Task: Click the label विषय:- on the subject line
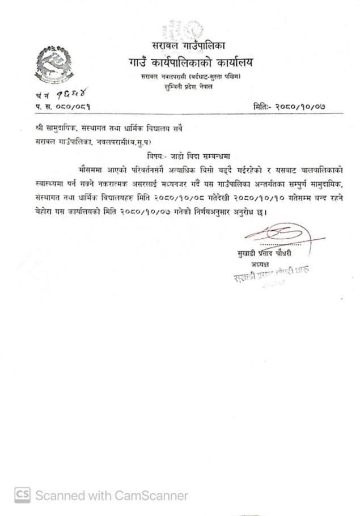coord(151,154)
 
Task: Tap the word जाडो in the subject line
coord(172,154)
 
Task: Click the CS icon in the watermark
coord(22,494)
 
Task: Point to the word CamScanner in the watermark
coord(151,495)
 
